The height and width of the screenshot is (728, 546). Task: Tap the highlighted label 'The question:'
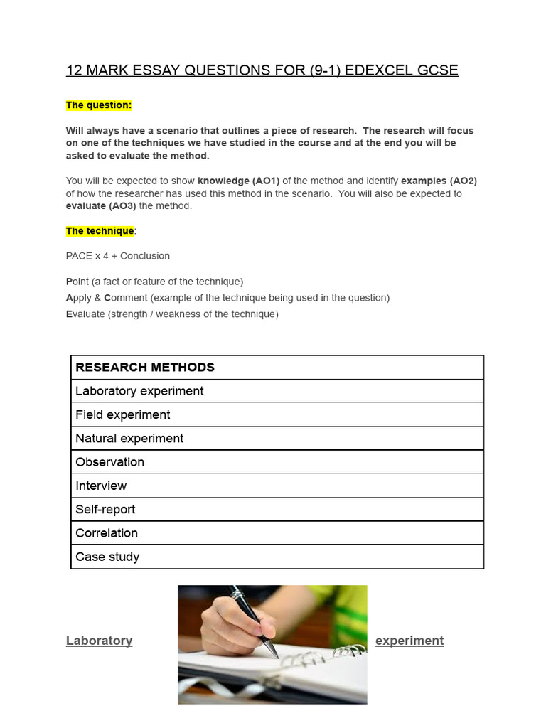99,105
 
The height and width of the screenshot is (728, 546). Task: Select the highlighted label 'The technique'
100,231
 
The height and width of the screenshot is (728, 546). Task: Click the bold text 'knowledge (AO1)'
239,181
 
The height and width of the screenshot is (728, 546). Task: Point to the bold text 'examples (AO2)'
439,181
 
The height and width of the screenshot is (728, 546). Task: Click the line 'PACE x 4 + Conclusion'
118,256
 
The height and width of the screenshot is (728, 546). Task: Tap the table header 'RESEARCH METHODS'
145,368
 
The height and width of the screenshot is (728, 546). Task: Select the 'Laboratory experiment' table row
139,391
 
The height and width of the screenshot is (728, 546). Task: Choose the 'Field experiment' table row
123,414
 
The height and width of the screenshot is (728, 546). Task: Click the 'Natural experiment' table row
129,439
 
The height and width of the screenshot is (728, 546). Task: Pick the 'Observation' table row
110,462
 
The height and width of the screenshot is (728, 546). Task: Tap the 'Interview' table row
101,486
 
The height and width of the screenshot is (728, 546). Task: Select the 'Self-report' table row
105,510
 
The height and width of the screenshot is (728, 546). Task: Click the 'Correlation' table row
107,533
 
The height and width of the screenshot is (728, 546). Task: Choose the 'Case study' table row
107,557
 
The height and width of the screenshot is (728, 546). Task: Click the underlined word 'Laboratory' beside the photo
100,641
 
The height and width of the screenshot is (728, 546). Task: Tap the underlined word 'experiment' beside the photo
409,641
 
